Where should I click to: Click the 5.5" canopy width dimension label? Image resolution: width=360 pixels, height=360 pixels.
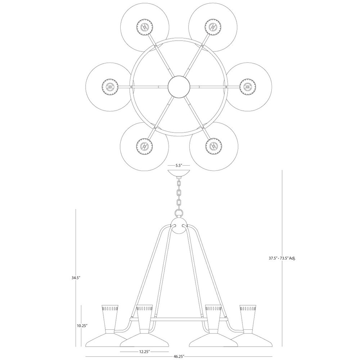pyautogui.click(x=179, y=165)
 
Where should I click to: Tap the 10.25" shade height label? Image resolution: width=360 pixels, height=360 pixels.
pyautogui.click(x=82, y=325)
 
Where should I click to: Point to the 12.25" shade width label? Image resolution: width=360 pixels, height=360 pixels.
pyautogui.click(x=144, y=351)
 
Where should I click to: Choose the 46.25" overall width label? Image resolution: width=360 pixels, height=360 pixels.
pyautogui.click(x=179, y=356)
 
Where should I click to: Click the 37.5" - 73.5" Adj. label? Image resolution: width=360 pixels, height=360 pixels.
pyautogui.click(x=282, y=258)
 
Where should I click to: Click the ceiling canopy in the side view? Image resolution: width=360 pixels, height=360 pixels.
pyautogui.click(x=179, y=173)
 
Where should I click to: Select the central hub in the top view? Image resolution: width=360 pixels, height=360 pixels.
pyautogui.click(x=179, y=87)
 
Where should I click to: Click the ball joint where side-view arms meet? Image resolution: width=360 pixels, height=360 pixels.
pyautogui.click(x=179, y=226)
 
